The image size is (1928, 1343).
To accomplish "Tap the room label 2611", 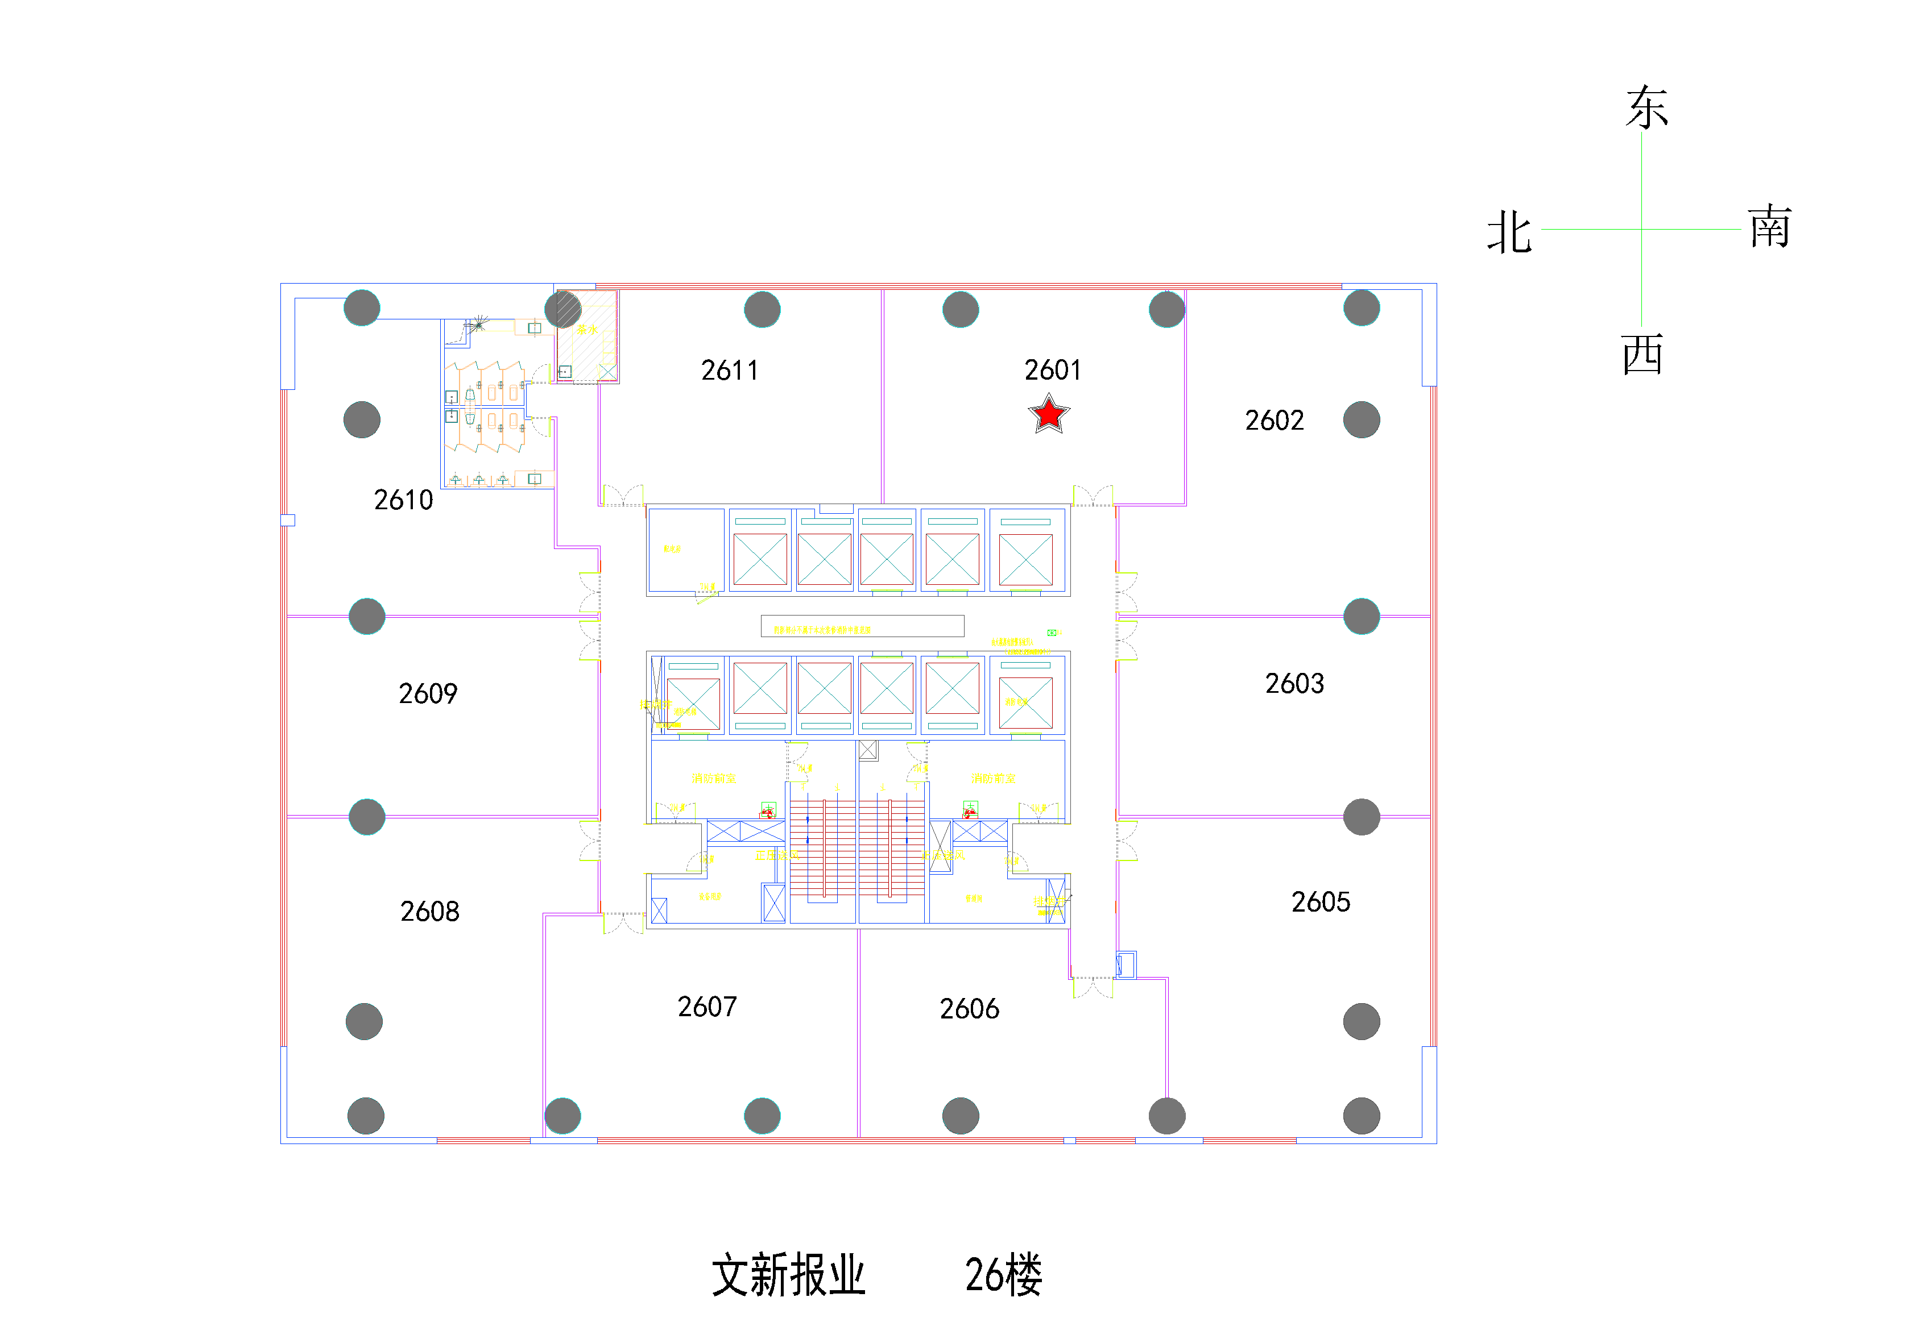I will [x=729, y=370].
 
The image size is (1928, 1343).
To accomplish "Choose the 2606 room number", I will [x=969, y=1008].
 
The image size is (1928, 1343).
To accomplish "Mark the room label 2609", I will [x=428, y=693].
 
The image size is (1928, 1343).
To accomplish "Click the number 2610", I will [x=403, y=500].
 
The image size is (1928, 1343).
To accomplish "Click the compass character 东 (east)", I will [x=1646, y=107].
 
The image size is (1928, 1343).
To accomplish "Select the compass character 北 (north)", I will [x=1509, y=232].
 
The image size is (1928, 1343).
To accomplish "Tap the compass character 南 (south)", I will [x=1770, y=227].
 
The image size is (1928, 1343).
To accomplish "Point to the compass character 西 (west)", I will [x=1642, y=354].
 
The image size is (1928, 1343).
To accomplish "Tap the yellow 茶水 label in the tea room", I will [x=587, y=330].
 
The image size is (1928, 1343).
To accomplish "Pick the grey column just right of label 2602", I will [x=1361, y=419].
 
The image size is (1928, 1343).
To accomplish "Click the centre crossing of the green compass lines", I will [x=1642, y=228].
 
